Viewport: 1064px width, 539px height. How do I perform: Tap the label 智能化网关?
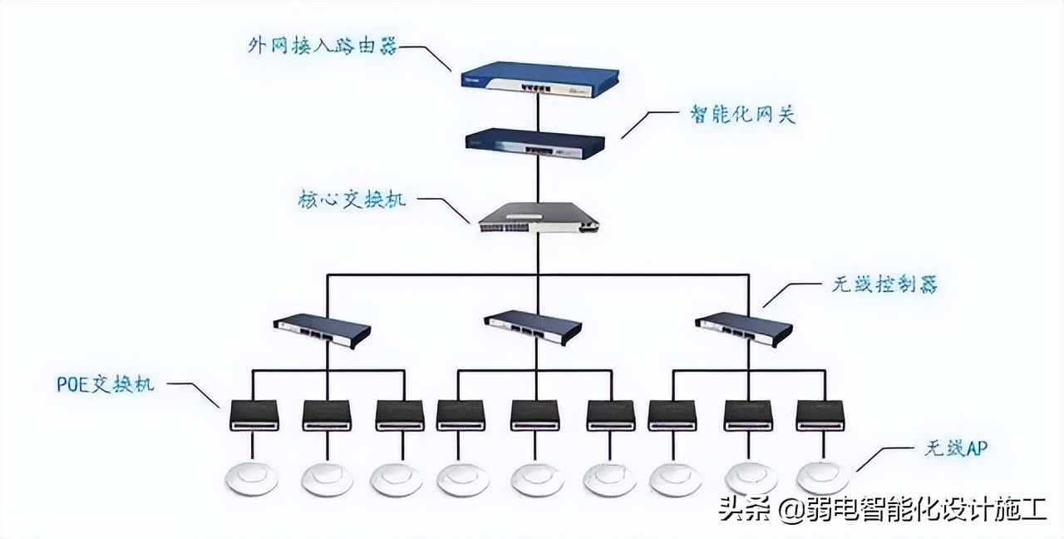click(742, 114)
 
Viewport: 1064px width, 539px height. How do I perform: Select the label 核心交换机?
click(352, 200)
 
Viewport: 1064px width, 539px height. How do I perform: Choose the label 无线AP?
click(955, 449)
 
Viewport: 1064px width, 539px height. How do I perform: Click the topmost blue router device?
click(540, 79)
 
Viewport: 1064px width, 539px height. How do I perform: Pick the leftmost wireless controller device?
click(323, 328)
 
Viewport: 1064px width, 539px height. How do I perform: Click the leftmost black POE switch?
click(254, 415)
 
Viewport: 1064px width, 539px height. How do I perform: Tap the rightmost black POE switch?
click(820, 415)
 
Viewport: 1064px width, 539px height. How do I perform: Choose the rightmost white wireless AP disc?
click(822, 478)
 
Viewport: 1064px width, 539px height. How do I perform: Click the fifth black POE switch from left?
click(535, 415)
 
